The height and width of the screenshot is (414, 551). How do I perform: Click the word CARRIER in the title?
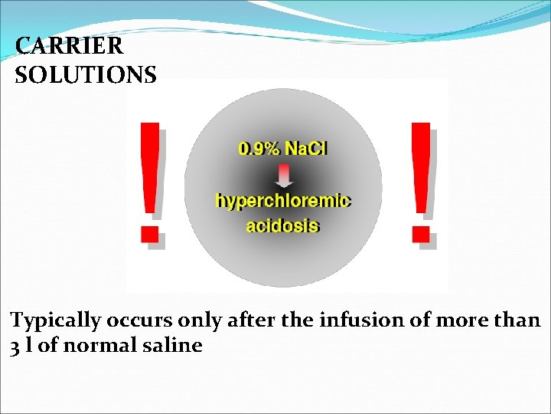(x=69, y=46)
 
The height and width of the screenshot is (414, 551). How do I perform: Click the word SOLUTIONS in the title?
(x=86, y=74)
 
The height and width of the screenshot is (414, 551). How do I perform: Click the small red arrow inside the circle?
(x=283, y=176)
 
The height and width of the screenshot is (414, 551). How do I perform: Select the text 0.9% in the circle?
(x=260, y=148)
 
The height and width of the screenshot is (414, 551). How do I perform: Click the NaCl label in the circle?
(x=305, y=148)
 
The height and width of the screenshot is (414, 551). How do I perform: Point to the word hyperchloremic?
(x=283, y=201)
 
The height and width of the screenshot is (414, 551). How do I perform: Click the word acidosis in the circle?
(x=283, y=225)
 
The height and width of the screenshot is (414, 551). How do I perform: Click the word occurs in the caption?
(x=142, y=320)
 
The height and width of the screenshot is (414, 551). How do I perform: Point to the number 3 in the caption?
(x=15, y=347)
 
